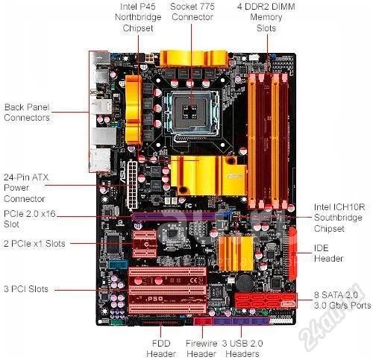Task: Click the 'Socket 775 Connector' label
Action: click(x=192, y=12)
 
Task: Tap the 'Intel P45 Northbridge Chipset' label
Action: click(x=138, y=17)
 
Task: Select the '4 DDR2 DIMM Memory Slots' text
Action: click(x=266, y=17)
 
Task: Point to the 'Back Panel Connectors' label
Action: click(x=27, y=113)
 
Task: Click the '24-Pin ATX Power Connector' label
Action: click(x=26, y=188)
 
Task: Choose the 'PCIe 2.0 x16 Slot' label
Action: click(x=30, y=219)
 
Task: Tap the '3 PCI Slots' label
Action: click(x=26, y=289)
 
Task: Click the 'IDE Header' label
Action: click(x=328, y=253)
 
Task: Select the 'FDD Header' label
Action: click(x=161, y=349)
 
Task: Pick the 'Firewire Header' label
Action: click(x=201, y=349)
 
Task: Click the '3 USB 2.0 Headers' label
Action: click(x=242, y=349)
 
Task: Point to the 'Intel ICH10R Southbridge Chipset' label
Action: click(x=339, y=218)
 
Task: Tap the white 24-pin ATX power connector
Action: click(x=132, y=185)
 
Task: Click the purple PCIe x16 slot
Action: click(x=174, y=216)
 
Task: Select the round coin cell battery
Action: click(x=244, y=282)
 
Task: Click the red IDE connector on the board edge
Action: click(x=292, y=253)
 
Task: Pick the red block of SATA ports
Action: click(x=266, y=300)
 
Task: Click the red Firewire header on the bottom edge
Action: click(x=203, y=321)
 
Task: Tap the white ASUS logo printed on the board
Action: click(x=123, y=172)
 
